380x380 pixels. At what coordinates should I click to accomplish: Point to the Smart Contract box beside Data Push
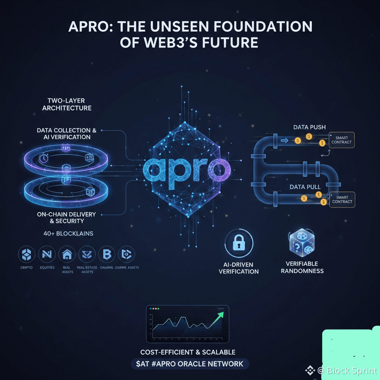pyautogui.click(x=341, y=140)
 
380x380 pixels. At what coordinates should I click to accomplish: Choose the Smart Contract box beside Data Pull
pyautogui.click(x=342, y=199)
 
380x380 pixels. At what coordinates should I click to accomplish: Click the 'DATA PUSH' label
pyautogui.click(x=309, y=127)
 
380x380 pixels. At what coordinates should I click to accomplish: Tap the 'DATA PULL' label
pyautogui.click(x=305, y=187)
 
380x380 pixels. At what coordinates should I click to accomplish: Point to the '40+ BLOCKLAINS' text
pyautogui.click(x=68, y=234)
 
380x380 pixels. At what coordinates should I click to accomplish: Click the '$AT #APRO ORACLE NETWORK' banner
pyautogui.click(x=190, y=364)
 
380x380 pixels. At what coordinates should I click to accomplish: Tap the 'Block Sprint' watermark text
pyautogui.click(x=352, y=370)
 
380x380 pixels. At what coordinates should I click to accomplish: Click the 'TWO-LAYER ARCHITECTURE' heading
pyautogui.click(x=67, y=104)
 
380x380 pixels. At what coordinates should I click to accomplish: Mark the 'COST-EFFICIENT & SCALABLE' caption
pyautogui.click(x=188, y=352)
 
